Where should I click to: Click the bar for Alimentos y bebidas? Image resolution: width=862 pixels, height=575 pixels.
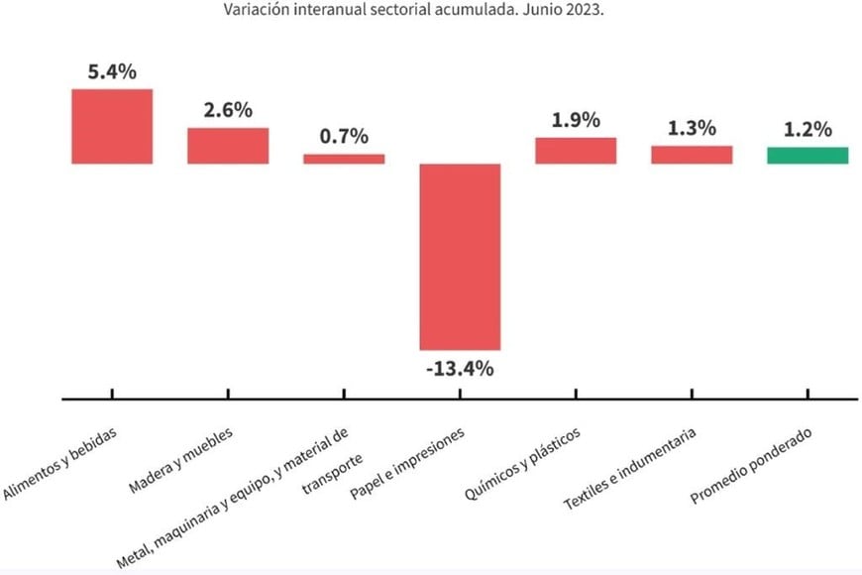click(112, 126)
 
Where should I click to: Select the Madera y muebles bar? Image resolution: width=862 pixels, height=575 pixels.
click(228, 145)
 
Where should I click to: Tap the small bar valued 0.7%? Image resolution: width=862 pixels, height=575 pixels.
click(344, 159)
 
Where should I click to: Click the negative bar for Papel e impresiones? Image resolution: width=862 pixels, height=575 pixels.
click(460, 256)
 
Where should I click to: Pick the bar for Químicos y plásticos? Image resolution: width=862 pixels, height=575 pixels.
click(576, 150)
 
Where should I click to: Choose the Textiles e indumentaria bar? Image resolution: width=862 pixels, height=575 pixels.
click(692, 155)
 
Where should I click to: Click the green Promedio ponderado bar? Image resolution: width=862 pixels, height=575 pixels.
click(808, 155)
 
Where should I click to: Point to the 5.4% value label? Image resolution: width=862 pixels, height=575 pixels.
click(112, 71)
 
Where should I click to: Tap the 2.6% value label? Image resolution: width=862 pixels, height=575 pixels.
click(228, 110)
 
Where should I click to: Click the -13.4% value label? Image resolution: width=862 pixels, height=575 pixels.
click(460, 370)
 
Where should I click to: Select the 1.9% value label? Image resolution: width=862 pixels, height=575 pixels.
click(576, 120)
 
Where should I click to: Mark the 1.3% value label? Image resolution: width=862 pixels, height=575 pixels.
click(692, 129)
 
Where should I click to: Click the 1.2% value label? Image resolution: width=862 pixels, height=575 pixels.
click(808, 129)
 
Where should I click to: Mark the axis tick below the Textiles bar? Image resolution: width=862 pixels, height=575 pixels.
click(692, 394)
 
